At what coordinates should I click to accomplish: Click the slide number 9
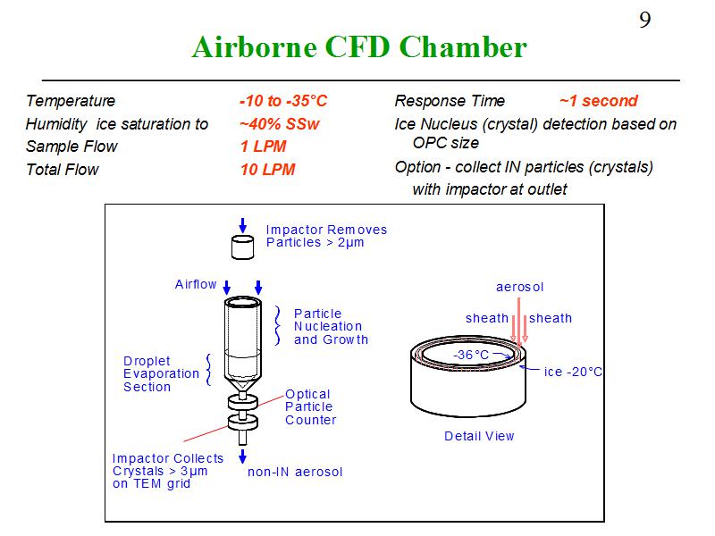[x=644, y=20]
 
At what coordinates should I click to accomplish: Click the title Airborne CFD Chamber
[x=359, y=47]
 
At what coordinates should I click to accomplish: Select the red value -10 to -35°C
[x=282, y=101]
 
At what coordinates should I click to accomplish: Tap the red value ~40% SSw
[x=279, y=124]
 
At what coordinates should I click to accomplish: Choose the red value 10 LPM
[x=267, y=170]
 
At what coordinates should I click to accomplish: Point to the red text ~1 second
[x=598, y=101]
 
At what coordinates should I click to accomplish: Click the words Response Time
[x=450, y=101]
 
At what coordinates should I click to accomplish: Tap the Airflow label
[x=196, y=284]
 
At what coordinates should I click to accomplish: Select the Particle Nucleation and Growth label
[x=331, y=326]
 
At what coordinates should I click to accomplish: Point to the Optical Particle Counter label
[x=310, y=406]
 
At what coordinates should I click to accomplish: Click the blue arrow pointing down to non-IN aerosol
[x=242, y=456]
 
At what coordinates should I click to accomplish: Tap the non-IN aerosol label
[x=295, y=472]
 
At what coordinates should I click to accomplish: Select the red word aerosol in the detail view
[x=519, y=287]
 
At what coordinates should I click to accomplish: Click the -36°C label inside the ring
[x=471, y=355]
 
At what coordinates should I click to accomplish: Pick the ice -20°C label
[x=573, y=372]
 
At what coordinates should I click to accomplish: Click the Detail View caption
[x=479, y=436]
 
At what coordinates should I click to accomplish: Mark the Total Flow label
[x=63, y=170]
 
